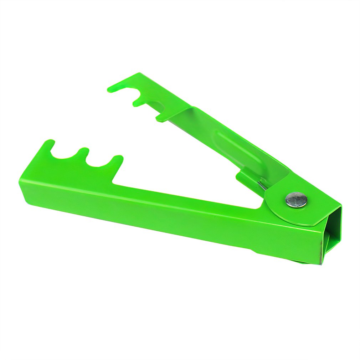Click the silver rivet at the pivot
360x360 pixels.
(x=296, y=200)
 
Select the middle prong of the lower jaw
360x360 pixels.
(x=83, y=152)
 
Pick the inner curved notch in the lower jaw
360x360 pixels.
(x=99, y=164)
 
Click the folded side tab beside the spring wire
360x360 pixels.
(x=246, y=176)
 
